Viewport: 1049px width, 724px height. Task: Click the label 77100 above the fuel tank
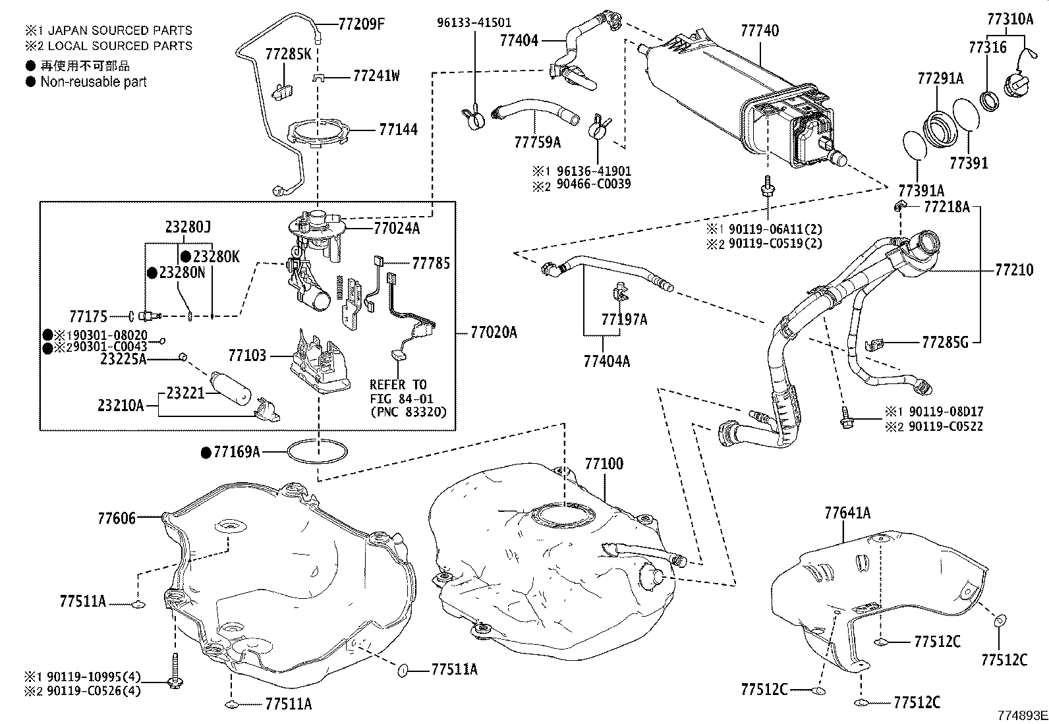point(604,464)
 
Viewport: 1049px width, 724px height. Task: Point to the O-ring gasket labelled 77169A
point(318,452)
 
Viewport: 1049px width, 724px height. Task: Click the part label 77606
point(117,518)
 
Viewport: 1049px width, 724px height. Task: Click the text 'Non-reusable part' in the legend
point(94,82)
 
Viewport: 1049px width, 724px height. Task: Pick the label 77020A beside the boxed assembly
point(494,333)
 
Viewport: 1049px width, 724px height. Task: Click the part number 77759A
point(538,142)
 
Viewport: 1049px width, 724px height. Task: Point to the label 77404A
point(606,361)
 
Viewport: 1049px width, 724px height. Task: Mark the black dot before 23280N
point(152,272)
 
